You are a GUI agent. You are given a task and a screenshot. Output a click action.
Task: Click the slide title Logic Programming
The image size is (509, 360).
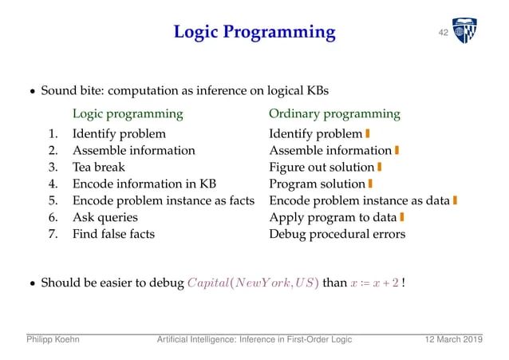(x=254, y=32)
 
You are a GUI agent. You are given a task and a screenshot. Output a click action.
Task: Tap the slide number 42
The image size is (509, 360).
(x=442, y=32)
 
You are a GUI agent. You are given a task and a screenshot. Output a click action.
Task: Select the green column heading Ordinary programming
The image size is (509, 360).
(x=334, y=113)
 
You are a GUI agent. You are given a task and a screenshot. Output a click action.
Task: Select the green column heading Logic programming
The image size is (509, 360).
(x=128, y=113)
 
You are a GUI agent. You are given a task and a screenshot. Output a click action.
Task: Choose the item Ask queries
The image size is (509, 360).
(x=105, y=217)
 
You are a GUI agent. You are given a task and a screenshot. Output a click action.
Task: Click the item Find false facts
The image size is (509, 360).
(x=113, y=234)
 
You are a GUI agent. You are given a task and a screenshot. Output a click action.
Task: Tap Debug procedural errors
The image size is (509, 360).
(x=337, y=234)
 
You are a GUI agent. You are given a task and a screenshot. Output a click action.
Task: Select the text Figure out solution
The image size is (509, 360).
(x=322, y=167)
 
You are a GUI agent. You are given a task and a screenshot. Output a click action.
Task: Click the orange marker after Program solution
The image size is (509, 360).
(x=371, y=184)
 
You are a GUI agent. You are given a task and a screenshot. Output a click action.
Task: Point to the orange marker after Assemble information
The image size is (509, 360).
(x=397, y=150)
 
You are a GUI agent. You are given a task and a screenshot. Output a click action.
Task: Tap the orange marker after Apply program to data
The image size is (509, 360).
(x=402, y=217)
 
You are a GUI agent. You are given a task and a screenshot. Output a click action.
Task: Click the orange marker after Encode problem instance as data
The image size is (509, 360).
(x=454, y=200)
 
